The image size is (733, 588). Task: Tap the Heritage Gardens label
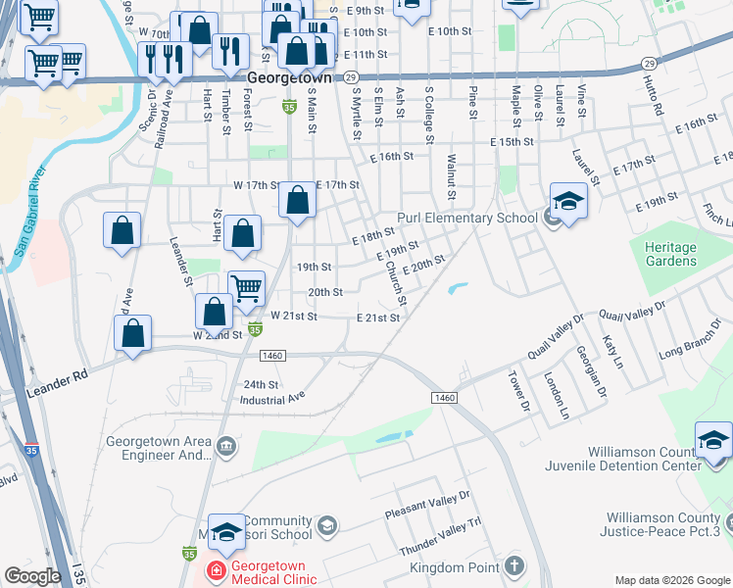671,254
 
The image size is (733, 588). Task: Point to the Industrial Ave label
272,399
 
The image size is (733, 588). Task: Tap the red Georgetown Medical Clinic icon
213,570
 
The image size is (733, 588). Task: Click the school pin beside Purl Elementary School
568,201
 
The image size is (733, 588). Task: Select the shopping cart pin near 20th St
247,288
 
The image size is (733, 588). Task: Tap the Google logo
32,576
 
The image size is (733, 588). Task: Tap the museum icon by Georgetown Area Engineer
227,447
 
